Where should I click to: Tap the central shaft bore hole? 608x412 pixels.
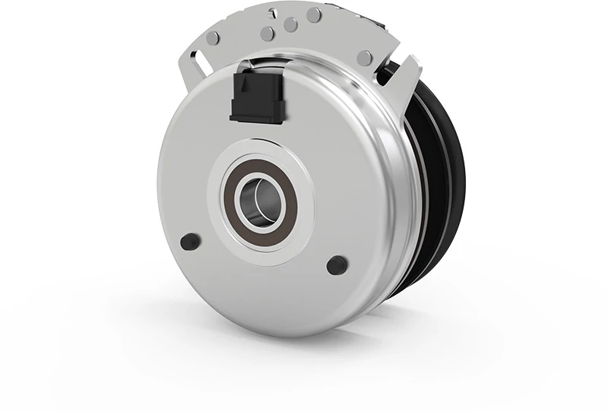click(258, 200)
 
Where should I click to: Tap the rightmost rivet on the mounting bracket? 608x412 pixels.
click(365, 58)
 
